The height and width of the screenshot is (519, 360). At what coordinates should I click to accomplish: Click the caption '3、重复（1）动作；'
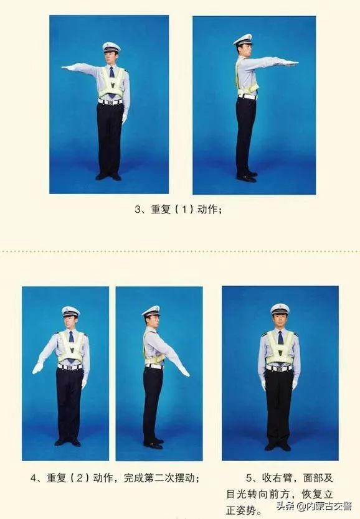tap(178, 210)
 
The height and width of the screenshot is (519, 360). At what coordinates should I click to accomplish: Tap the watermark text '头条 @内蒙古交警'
tap(314, 506)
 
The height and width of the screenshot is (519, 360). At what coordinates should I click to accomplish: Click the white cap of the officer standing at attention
tap(280, 309)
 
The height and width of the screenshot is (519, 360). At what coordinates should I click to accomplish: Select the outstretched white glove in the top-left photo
tap(67, 68)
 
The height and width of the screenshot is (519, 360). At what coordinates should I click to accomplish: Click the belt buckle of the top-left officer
tap(110, 102)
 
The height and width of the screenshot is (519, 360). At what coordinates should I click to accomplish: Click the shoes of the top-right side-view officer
tap(247, 176)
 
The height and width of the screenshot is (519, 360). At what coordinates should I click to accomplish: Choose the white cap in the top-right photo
tap(243, 40)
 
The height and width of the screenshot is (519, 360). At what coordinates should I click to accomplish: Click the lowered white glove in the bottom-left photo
tap(37, 368)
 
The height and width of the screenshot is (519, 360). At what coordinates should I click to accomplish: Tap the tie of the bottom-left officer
tap(71, 344)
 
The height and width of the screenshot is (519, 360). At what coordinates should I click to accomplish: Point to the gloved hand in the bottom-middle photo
tap(184, 371)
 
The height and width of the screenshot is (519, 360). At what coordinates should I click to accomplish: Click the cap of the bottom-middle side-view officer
tap(151, 312)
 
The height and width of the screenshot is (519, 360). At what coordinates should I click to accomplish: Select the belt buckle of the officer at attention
tap(280, 369)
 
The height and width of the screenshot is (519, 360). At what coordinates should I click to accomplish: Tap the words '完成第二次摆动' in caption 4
tap(158, 478)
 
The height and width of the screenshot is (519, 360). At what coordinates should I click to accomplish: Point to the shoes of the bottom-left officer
tap(68, 442)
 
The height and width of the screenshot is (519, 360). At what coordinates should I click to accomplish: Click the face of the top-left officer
tap(111, 58)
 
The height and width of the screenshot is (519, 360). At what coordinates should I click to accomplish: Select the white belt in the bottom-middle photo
tap(154, 366)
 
